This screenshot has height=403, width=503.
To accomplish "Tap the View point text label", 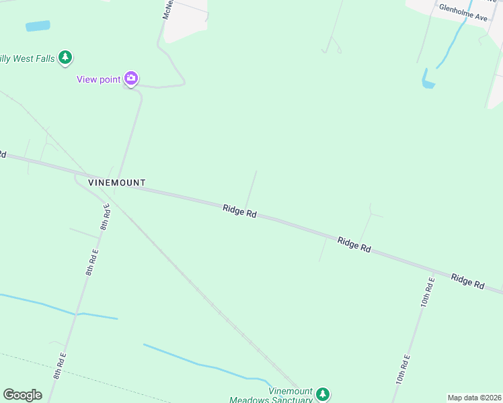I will (x=98, y=79).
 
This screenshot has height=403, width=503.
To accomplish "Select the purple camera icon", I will (x=131, y=79).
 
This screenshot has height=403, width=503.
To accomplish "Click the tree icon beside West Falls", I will (x=65, y=58).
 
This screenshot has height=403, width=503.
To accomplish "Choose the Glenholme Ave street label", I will (x=463, y=12).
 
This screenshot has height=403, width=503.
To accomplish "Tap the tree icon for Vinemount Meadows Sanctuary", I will (x=323, y=394).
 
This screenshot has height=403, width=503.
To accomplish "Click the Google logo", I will (x=22, y=395).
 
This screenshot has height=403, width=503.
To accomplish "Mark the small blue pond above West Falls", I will (x=38, y=26).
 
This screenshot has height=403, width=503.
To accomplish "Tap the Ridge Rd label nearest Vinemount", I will (x=240, y=211).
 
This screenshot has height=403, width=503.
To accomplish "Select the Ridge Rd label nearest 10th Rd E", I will (x=468, y=281).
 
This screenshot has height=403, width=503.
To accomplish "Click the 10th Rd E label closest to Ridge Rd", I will (x=427, y=292).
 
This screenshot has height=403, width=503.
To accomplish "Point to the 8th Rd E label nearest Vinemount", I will (x=106, y=216).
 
